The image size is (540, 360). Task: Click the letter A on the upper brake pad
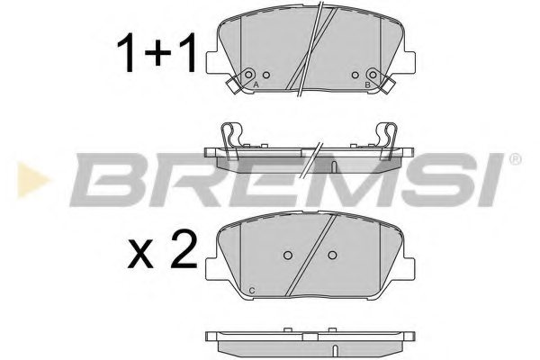click(x=257, y=84)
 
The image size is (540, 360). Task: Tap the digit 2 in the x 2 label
click(x=184, y=246)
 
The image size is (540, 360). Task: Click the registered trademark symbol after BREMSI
click(x=515, y=158)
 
